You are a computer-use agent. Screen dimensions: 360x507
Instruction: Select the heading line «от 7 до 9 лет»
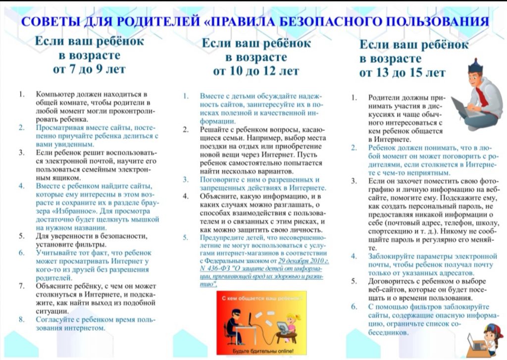[x=89, y=68]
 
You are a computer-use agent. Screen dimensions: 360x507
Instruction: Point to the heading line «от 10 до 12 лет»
[x=256, y=71]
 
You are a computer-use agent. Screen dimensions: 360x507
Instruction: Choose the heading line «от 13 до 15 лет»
[x=402, y=73]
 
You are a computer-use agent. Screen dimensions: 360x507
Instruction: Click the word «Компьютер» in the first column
[x=55, y=94]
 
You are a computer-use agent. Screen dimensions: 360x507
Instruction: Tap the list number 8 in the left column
[x=22, y=319]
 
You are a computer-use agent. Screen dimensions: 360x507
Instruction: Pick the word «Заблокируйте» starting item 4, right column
[x=391, y=256]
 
